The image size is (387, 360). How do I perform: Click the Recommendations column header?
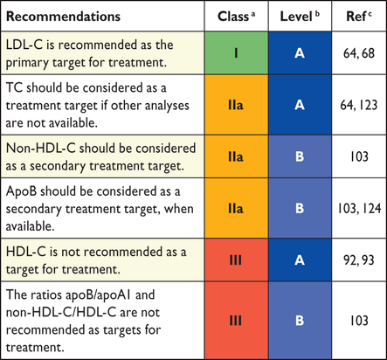(x=63, y=17)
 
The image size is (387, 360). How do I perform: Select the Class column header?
(x=236, y=17)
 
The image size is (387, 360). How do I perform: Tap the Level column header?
(x=300, y=17)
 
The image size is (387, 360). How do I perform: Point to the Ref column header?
(x=359, y=17)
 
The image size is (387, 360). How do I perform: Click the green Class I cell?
(x=236, y=53)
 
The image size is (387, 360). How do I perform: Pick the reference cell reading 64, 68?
(x=359, y=53)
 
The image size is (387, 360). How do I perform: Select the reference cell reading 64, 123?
(x=359, y=105)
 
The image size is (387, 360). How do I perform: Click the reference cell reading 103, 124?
(x=359, y=209)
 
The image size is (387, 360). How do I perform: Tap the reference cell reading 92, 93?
(x=359, y=260)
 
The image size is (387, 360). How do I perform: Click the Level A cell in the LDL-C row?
(x=300, y=53)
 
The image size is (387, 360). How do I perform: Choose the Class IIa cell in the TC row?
(x=236, y=105)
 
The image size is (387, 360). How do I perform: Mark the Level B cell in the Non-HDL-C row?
(x=300, y=156)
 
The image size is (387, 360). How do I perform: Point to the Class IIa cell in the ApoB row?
(x=236, y=208)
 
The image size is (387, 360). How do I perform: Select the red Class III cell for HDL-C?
(x=236, y=260)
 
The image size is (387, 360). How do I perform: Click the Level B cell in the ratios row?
(x=300, y=321)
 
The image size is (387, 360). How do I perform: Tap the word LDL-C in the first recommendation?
(x=24, y=45)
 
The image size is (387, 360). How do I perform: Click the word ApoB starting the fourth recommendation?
(x=21, y=192)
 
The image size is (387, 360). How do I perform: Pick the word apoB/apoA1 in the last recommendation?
(x=98, y=295)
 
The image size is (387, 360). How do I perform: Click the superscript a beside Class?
(x=252, y=13)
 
